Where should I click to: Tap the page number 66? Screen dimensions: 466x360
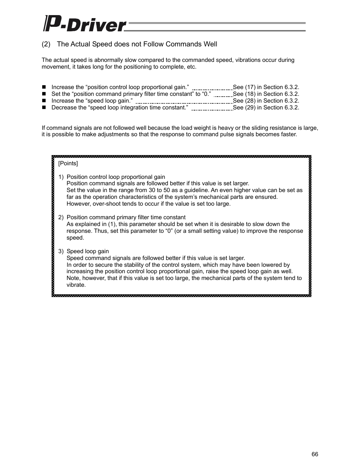click(x=315, y=454)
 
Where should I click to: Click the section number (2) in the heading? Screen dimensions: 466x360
click(x=46, y=44)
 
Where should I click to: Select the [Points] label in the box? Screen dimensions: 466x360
click(x=68, y=163)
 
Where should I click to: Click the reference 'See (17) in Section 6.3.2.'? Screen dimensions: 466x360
click(x=266, y=87)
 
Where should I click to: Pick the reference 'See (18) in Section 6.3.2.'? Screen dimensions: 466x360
click(x=266, y=94)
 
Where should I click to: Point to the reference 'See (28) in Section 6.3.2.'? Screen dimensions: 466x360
click(x=266, y=101)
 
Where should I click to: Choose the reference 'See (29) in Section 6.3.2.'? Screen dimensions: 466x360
click(x=266, y=108)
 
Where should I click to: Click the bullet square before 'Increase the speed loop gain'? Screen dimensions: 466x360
click(x=43, y=101)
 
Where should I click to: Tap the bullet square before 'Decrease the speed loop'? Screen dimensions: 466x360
click(x=43, y=108)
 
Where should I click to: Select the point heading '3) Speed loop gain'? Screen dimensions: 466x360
click(x=83, y=251)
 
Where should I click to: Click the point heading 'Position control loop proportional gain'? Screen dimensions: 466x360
click(x=115, y=177)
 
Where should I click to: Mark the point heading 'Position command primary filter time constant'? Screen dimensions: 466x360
click(x=126, y=217)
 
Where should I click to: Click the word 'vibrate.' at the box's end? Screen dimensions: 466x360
click(x=76, y=285)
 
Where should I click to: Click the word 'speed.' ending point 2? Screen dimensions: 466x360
click(x=75, y=238)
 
